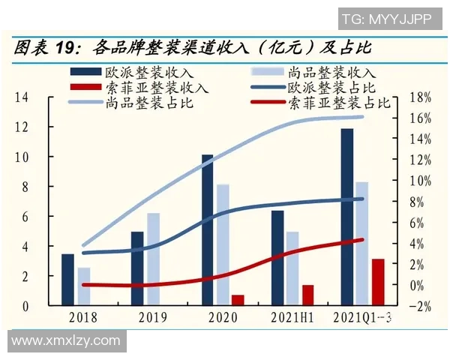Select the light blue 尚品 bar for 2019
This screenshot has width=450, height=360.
point(153,259)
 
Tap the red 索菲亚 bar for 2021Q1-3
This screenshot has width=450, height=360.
point(378,282)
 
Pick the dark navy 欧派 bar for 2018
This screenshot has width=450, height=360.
point(67,280)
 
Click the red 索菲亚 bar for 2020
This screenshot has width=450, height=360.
point(238,300)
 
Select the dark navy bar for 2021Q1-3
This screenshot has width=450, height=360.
point(346,217)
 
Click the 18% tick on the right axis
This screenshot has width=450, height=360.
point(421,97)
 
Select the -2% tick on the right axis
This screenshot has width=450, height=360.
point(421,306)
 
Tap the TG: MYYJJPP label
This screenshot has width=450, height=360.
point(386,18)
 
